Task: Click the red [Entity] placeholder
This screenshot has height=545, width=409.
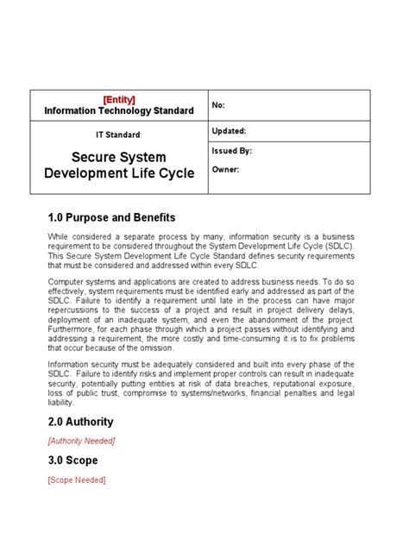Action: tap(119, 99)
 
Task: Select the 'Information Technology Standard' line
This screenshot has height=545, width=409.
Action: tap(119, 110)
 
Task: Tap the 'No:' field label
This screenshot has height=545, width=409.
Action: tap(218, 105)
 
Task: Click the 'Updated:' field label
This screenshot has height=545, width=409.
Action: tap(229, 131)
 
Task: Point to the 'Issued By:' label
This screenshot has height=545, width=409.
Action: tap(231, 151)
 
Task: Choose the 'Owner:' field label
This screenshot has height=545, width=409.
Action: tap(225, 170)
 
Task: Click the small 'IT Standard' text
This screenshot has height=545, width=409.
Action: tap(117, 135)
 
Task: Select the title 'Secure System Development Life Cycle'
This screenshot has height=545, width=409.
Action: tap(118, 165)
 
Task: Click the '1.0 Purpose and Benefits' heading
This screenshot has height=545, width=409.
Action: tap(111, 217)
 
